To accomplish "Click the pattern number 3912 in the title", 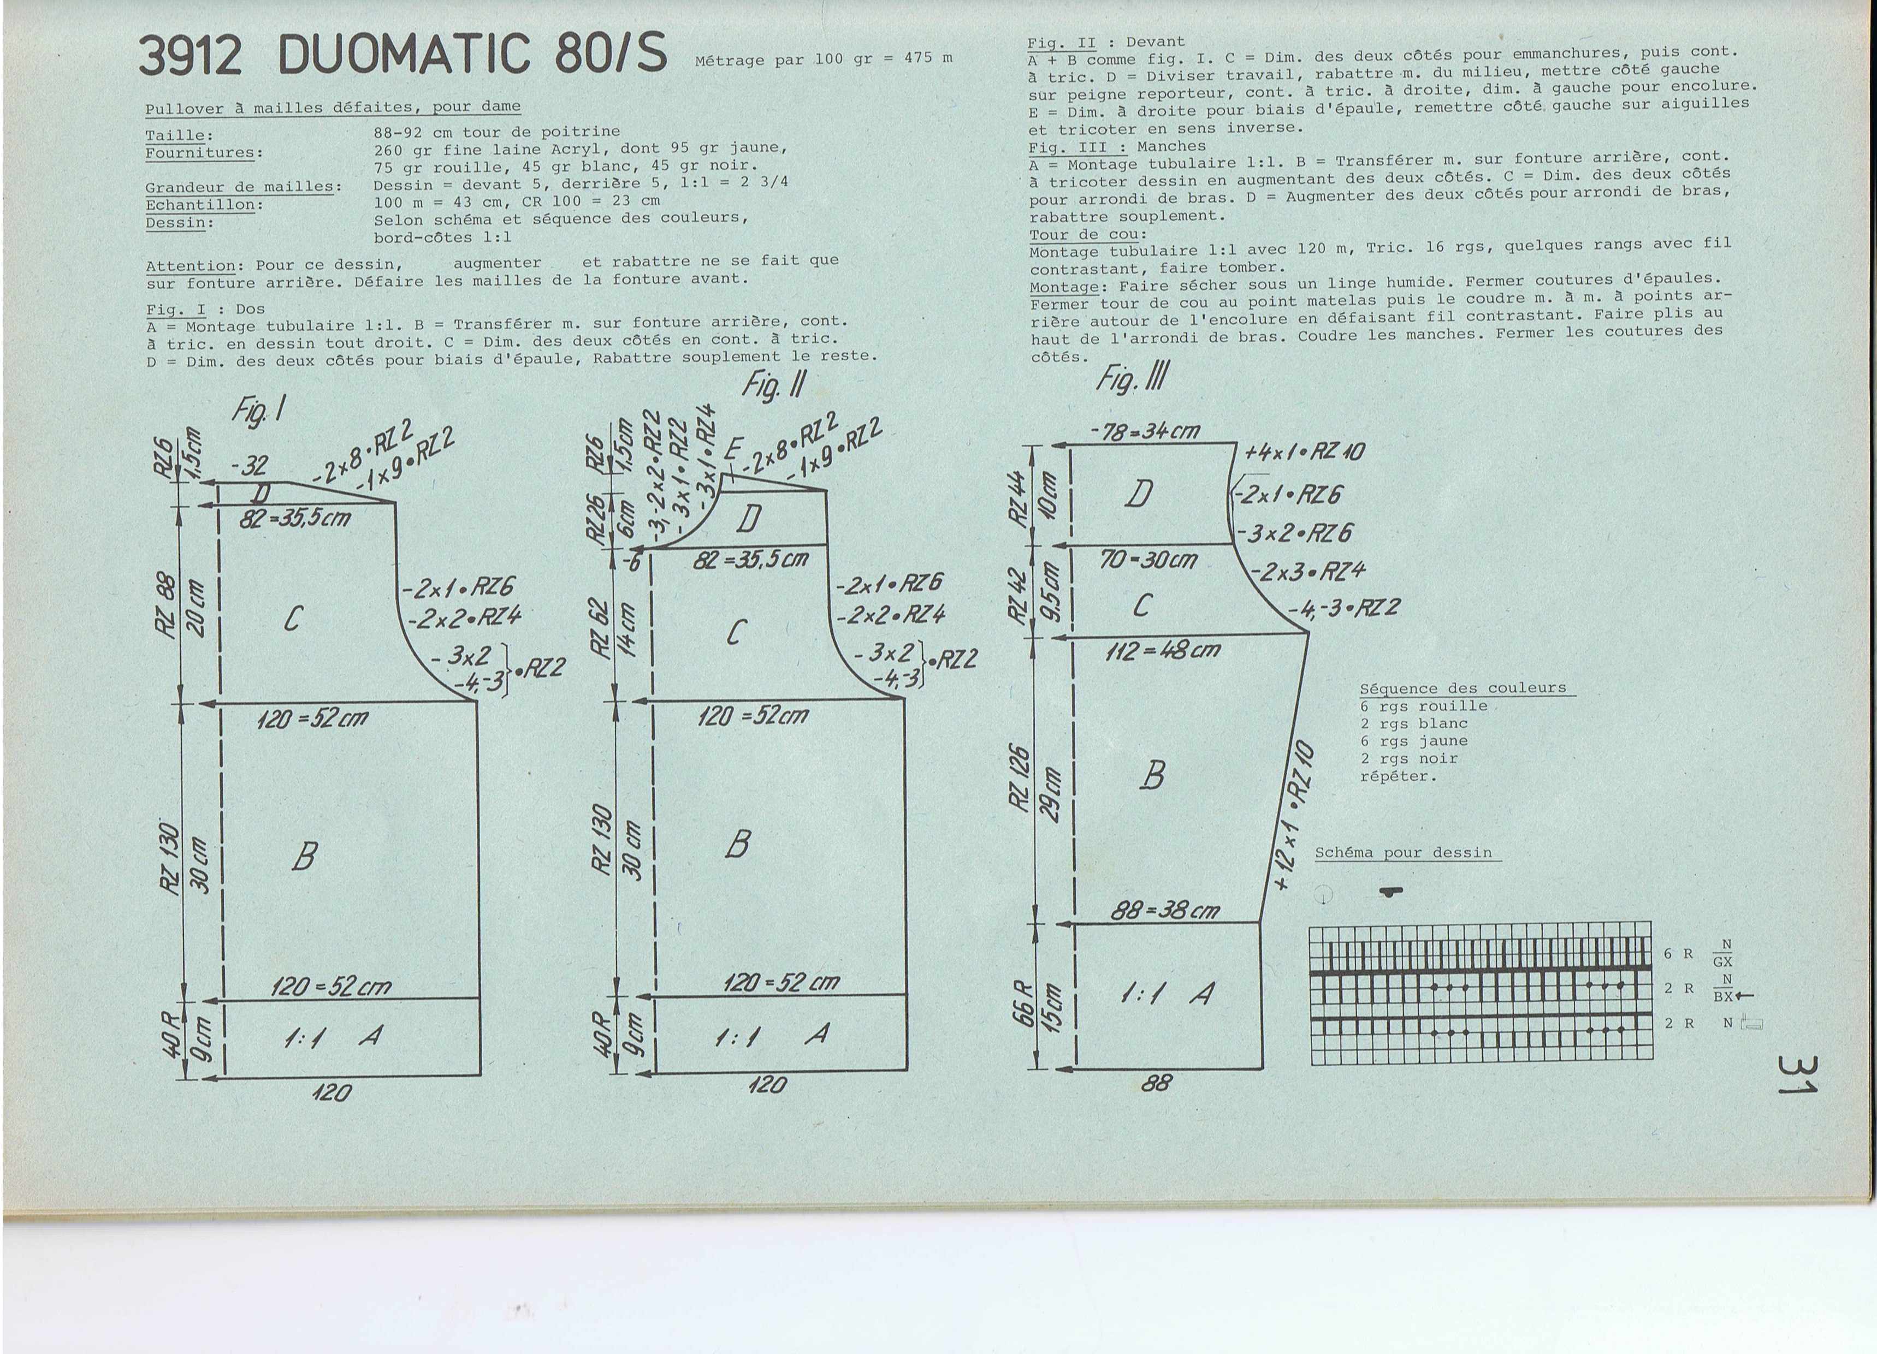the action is click(191, 56).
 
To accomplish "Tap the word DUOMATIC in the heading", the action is click(403, 55).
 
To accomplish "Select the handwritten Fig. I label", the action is click(259, 409).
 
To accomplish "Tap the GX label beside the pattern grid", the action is click(1723, 961).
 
